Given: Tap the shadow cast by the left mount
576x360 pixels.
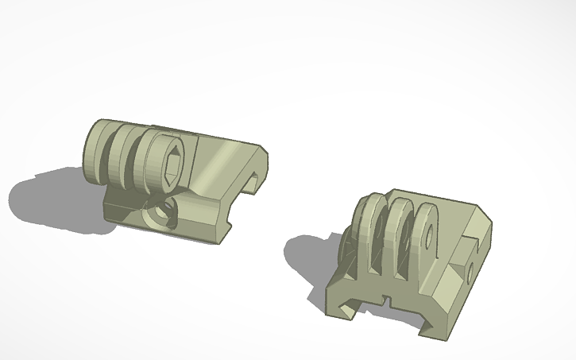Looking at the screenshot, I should (48, 199).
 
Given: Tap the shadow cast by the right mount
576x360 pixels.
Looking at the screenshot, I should (306, 254).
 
